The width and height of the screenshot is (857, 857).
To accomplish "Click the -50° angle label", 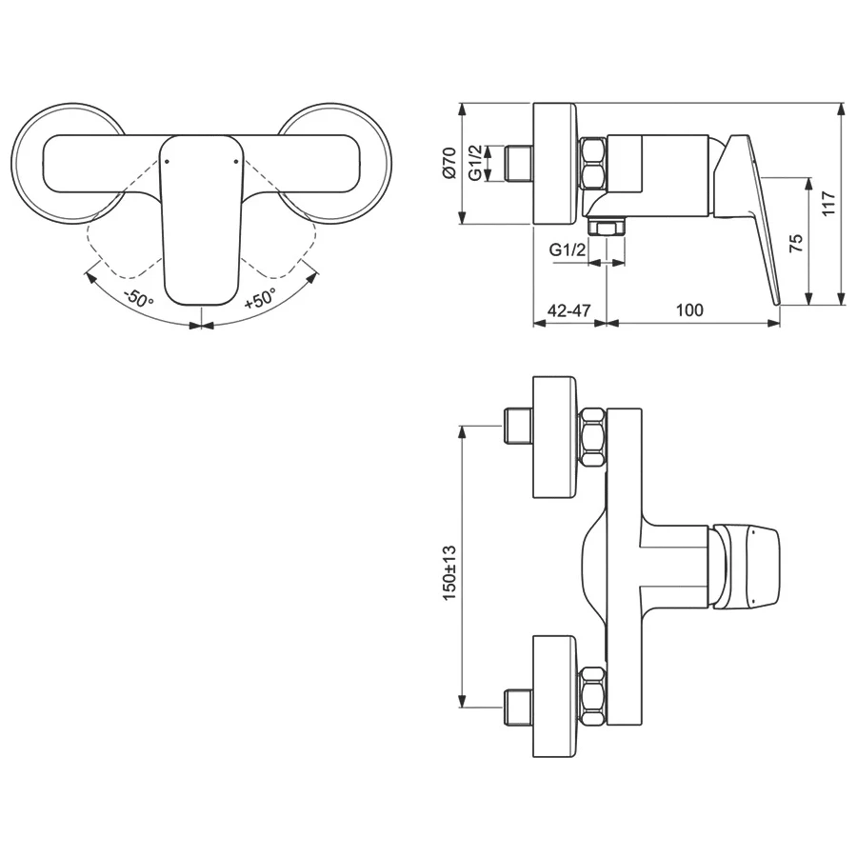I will [138, 297].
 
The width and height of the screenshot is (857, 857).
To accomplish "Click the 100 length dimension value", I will [689, 309].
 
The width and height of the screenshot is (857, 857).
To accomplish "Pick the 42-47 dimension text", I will [568, 309].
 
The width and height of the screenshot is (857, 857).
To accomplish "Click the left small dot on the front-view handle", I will [167, 162].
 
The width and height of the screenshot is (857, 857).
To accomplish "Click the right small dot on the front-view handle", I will [234, 162].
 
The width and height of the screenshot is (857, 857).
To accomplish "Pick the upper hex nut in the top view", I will [592, 437].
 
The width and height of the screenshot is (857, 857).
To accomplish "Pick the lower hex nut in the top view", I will [592, 696].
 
